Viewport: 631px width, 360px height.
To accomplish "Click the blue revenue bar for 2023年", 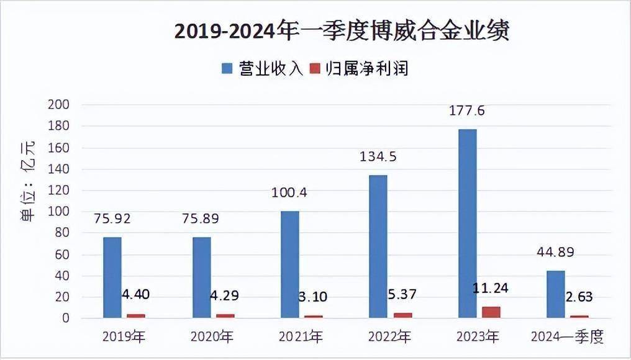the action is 467,223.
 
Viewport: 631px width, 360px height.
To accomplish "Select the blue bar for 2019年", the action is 112,277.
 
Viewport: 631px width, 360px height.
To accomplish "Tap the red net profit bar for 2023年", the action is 491,313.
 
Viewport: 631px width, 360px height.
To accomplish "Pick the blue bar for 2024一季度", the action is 556,294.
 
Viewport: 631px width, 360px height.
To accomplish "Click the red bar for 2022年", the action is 402,315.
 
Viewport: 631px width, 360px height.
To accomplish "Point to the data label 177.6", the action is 467,110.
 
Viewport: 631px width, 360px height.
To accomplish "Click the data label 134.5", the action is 378,156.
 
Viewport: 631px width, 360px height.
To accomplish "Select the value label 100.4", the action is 289,192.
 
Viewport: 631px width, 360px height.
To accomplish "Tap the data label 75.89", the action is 201,218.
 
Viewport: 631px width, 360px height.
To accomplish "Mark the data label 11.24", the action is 491,288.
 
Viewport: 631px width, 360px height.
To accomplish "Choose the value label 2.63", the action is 579,297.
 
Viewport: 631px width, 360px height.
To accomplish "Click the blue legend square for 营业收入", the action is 227,68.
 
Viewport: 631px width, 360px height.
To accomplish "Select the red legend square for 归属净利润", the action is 315,68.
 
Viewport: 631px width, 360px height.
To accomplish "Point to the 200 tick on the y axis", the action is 59,104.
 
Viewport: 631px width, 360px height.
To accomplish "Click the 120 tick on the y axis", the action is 59,191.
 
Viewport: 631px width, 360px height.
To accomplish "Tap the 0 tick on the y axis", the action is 66,318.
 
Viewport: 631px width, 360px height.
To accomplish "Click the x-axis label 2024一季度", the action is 568,337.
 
